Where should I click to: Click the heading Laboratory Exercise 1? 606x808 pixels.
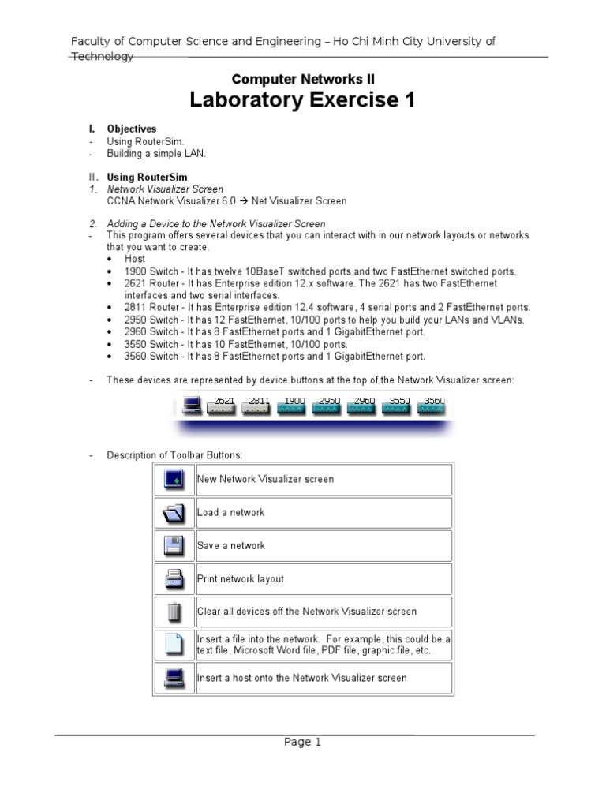pyautogui.click(x=302, y=100)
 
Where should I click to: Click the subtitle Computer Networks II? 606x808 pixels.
pyautogui.click(x=302, y=79)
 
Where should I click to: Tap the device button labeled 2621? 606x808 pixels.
pyautogui.click(x=222, y=406)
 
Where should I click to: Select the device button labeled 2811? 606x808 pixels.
pyautogui.click(x=257, y=406)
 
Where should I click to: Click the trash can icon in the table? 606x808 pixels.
pyautogui.click(x=174, y=612)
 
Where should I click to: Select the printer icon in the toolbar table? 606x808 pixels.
pyautogui.click(x=174, y=578)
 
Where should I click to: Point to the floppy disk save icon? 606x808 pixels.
pyautogui.click(x=174, y=545)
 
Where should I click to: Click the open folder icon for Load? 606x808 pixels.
pyautogui.click(x=174, y=512)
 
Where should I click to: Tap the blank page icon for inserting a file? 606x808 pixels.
pyautogui.click(x=174, y=645)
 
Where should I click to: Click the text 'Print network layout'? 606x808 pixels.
pyautogui.click(x=241, y=578)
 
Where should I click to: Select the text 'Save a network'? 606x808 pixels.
pyautogui.click(x=231, y=545)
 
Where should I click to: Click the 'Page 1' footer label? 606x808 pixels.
pyautogui.click(x=303, y=742)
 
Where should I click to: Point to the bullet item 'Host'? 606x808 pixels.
pyautogui.click(x=135, y=259)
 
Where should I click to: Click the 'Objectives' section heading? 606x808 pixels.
pyautogui.click(x=132, y=129)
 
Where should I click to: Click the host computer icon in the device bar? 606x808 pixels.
pyautogui.click(x=190, y=405)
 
